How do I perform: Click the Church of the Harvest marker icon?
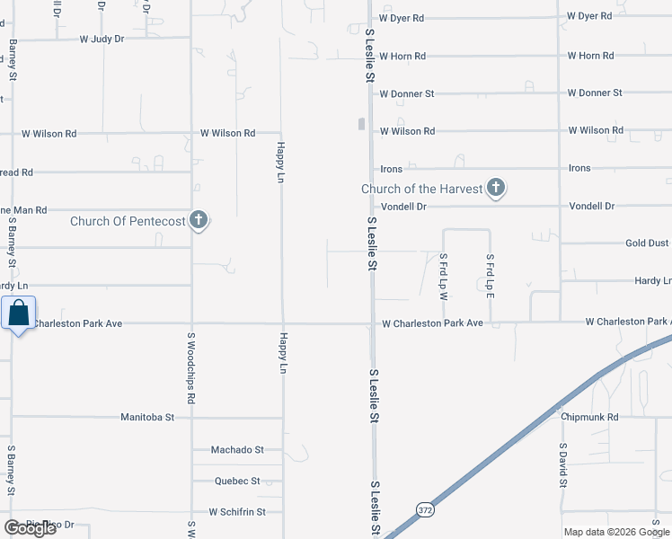(x=495, y=189)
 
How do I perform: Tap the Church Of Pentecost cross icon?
(x=199, y=220)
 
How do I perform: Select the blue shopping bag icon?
(x=19, y=314)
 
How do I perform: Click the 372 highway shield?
(x=423, y=509)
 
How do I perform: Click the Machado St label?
(x=237, y=449)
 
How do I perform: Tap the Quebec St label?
(x=237, y=482)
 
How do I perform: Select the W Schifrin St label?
(x=237, y=512)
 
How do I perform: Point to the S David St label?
(x=563, y=464)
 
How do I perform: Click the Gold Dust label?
(x=647, y=243)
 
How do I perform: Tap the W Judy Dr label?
(x=102, y=39)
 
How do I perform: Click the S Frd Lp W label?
(x=443, y=276)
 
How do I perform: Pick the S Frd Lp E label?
(x=490, y=276)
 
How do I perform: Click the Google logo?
(x=30, y=528)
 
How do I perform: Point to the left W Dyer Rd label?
(x=401, y=17)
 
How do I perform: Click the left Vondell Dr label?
(x=402, y=206)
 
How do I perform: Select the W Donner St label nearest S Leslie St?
(x=406, y=93)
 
